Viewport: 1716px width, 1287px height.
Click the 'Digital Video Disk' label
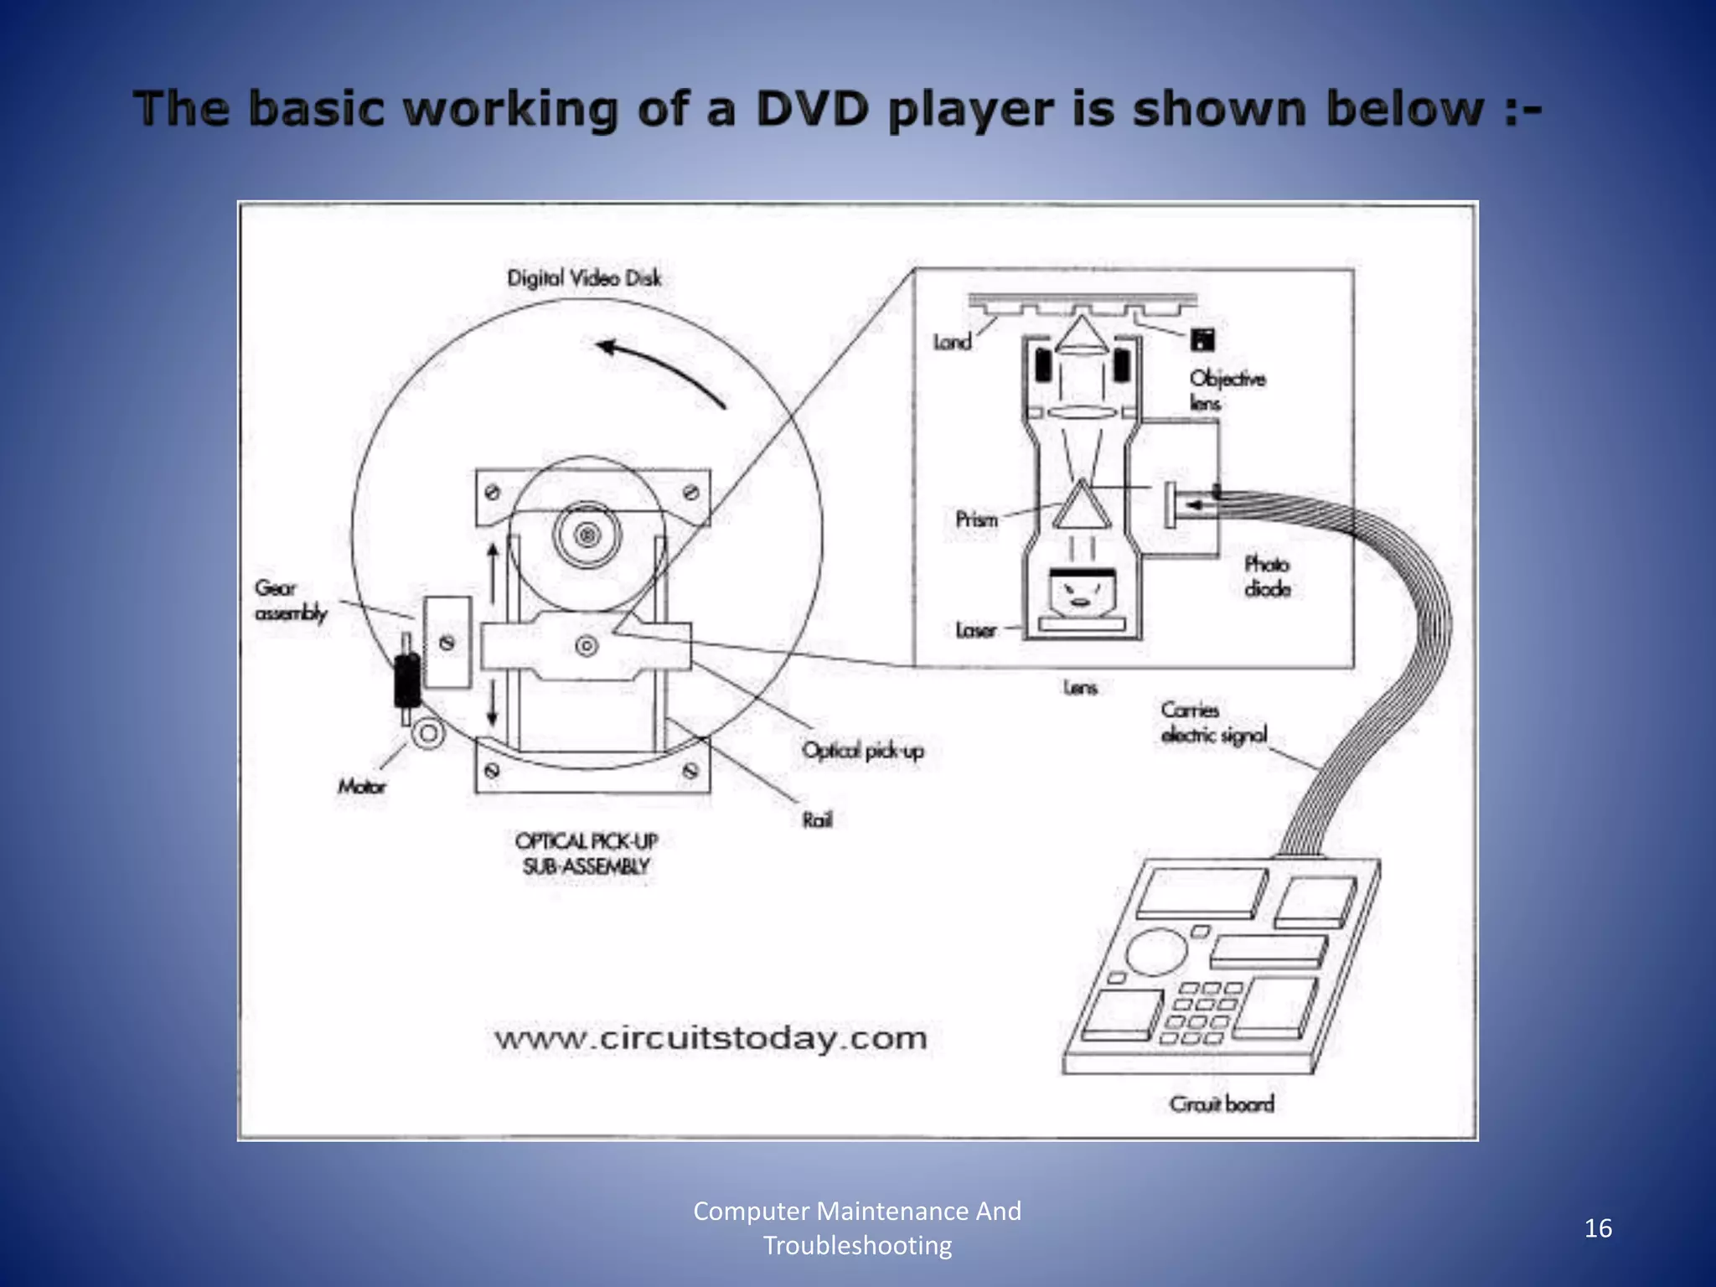pos(584,278)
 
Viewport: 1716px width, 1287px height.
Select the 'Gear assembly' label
pos(290,601)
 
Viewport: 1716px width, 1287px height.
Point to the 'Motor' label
pos(362,786)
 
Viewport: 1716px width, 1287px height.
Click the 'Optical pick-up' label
pos(862,750)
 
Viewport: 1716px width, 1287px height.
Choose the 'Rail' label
pos(817,819)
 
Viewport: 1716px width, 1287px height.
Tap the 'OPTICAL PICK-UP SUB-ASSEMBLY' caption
pos(586,853)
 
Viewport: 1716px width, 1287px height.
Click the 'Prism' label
pos(976,519)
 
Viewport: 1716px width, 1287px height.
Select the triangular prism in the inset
pos(1082,506)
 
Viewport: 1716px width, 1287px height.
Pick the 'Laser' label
pos(976,630)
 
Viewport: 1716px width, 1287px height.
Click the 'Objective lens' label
pos(1227,390)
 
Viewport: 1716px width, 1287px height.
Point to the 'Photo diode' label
pos(1267,576)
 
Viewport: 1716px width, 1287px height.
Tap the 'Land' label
pos(952,342)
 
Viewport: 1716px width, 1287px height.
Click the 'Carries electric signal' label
pos(1213,722)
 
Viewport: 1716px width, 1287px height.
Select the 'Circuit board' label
pos(1222,1104)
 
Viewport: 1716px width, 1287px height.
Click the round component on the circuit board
pos(1156,953)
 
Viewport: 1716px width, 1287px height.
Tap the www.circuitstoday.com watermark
pos(711,1039)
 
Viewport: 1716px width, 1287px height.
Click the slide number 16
pos(1598,1228)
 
